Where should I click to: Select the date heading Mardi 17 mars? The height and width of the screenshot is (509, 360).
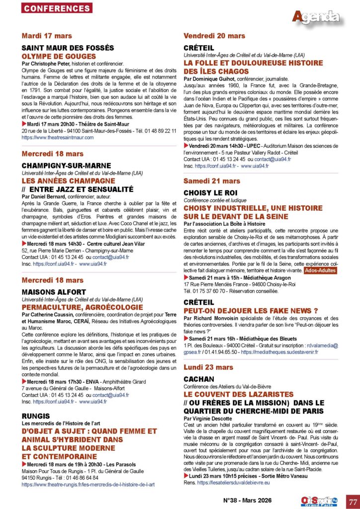47,36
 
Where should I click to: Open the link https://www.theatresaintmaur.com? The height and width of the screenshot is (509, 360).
58,137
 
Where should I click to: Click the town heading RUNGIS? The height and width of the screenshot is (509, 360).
35,416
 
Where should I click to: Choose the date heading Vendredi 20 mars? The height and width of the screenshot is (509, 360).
214,36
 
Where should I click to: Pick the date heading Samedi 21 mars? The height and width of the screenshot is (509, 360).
212,181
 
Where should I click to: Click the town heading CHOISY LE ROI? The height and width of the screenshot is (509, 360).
211,193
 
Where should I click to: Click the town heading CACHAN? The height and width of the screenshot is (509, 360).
199,379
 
